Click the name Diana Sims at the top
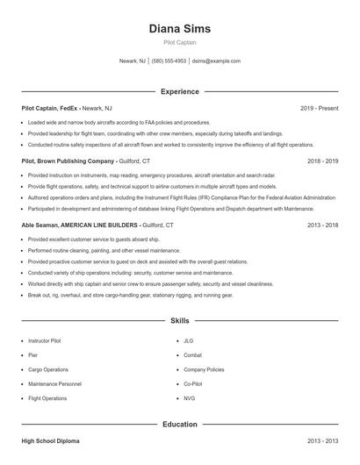pos(179,28)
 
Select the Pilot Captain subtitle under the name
pos(179,42)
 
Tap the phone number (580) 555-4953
pos(169,61)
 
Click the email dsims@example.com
pos(216,61)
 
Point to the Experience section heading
pos(179,91)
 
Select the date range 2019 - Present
pos(319,108)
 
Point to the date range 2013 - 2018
pos(322,225)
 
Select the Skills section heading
pos(179,321)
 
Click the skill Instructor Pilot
pos(46,340)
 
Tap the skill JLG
pos(188,340)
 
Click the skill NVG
pos(189,398)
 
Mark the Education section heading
pos(179,425)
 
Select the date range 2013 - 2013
pos(322,441)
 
